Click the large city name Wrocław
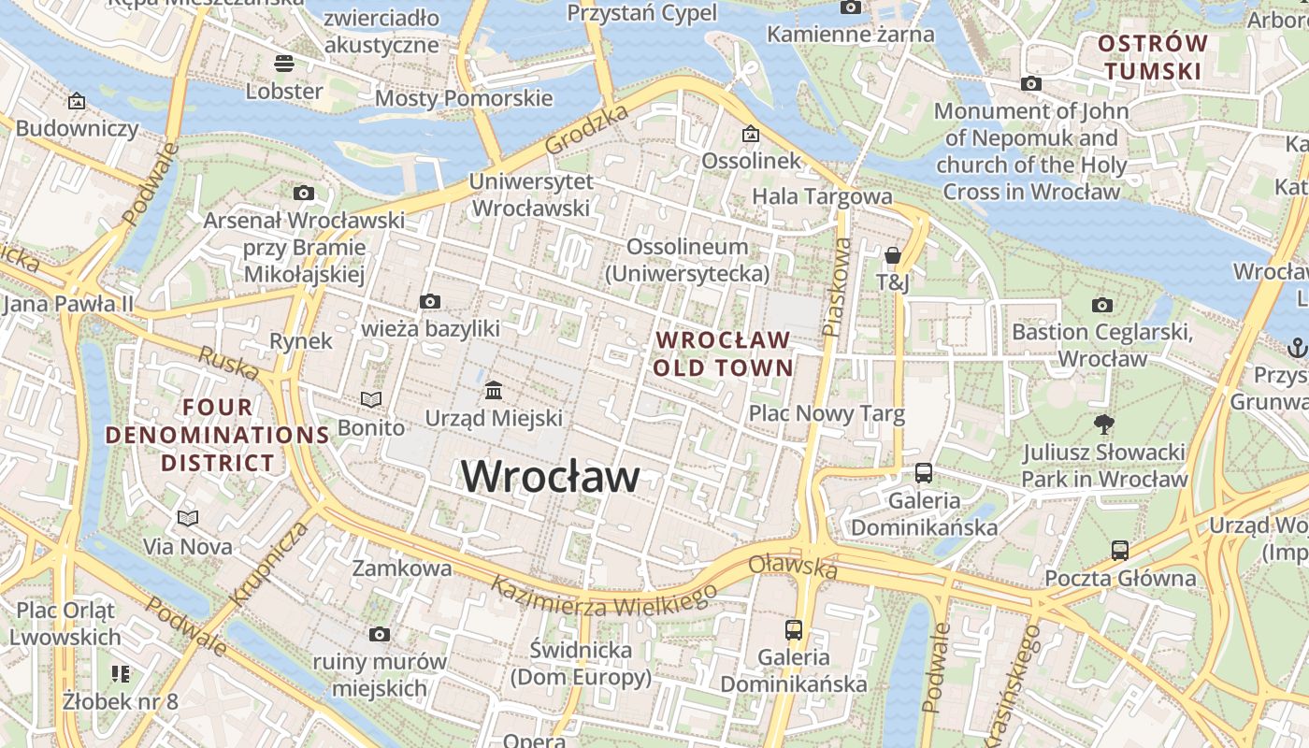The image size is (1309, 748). click(551, 476)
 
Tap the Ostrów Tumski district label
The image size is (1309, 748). click(1152, 57)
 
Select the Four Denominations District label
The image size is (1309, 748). click(218, 435)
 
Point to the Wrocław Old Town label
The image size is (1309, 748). click(723, 353)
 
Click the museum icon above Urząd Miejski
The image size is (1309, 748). click(494, 389)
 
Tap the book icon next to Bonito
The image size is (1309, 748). click(371, 400)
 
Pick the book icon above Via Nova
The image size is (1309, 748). click(188, 517)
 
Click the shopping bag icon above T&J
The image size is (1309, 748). click(892, 254)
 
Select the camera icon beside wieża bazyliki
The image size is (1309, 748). click(430, 301)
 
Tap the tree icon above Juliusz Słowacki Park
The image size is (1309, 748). click(1104, 424)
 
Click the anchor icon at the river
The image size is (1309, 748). click(1296, 348)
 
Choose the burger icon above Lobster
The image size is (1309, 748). click(284, 63)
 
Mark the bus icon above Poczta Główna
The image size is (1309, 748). click(1120, 550)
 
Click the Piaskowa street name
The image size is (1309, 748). click(837, 286)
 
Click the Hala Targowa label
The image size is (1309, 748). click(822, 196)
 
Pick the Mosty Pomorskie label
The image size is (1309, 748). click(464, 98)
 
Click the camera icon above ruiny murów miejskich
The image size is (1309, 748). click(379, 634)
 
